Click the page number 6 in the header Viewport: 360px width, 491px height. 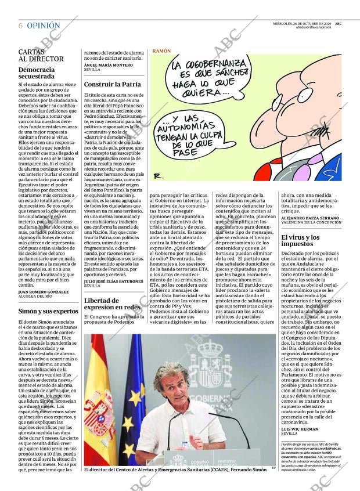21,26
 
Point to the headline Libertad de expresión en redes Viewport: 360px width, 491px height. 113,304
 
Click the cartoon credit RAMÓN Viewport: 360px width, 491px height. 162,51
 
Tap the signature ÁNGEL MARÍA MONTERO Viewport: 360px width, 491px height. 108,64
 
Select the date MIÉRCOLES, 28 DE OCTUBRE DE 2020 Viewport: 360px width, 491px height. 303,23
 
